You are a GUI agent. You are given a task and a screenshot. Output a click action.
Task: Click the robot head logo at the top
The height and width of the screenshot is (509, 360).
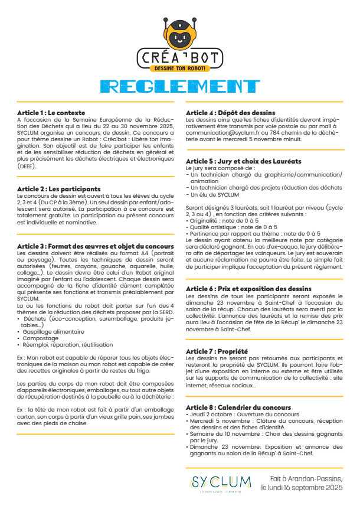[x=179, y=34]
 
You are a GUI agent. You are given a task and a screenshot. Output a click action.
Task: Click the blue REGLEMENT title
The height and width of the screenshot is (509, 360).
[x=179, y=86]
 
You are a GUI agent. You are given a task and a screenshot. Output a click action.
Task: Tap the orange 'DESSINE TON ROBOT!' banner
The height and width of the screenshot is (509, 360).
[x=180, y=68]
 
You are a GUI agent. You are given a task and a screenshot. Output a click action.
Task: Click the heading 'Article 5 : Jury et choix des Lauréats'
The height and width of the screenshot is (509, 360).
[x=235, y=161]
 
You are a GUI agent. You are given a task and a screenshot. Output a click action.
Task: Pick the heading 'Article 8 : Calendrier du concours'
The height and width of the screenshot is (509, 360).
[x=238, y=407]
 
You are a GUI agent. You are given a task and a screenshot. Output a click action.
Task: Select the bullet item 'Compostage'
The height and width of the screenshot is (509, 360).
[x=40, y=338]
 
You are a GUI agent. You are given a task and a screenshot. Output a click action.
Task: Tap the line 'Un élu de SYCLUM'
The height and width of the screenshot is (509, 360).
[x=214, y=194]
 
